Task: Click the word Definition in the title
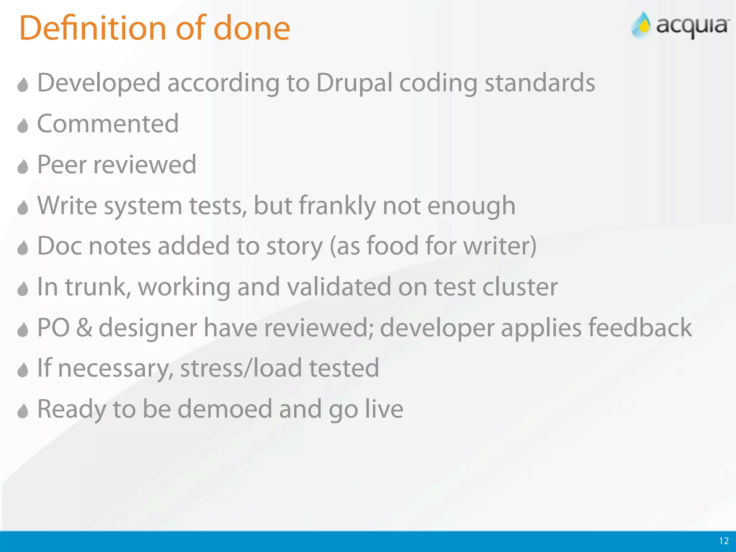[93, 28]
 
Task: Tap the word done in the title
[252, 28]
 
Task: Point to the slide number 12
[724, 541]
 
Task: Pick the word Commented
[108, 124]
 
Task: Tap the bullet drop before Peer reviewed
[23, 166]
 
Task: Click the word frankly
[337, 206]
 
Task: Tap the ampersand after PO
[84, 328]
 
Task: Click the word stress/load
[241, 368]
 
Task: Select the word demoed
[225, 409]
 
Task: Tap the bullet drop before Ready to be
[23, 411]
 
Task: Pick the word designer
[148, 328]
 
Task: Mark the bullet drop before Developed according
[23, 85]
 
